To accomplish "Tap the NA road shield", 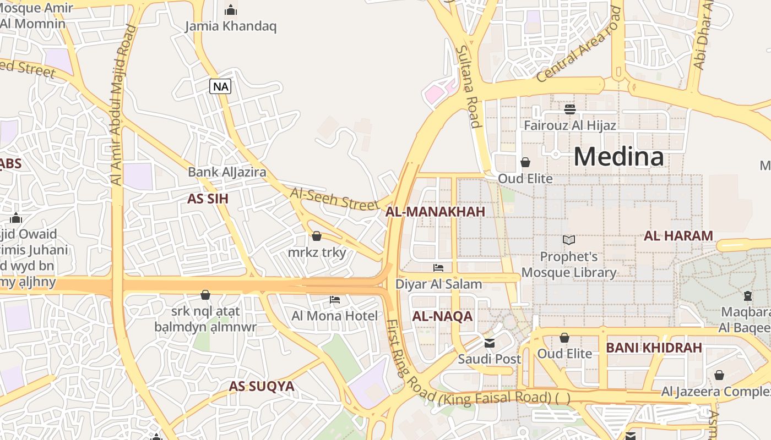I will click(220, 86).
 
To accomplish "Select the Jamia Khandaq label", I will click(231, 26).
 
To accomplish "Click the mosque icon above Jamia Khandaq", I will click(231, 10).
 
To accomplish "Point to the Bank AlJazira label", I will click(227, 172).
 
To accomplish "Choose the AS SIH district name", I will click(208, 199).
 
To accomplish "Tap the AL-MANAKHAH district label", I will click(435, 212).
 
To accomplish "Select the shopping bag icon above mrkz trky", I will click(317, 237).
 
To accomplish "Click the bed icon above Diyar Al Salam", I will click(438, 268).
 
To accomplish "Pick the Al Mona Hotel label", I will click(335, 316).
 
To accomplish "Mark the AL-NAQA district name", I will click(442, 316).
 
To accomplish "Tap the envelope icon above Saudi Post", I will click(489, 343).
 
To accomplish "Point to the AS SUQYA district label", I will click(262, 386).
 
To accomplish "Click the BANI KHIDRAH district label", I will click(654, 348).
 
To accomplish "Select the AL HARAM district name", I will click(678, 236).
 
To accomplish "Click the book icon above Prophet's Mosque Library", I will click(569, 240).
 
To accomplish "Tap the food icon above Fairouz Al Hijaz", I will click(570, 109).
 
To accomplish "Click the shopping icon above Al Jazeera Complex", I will click(719, 375).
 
